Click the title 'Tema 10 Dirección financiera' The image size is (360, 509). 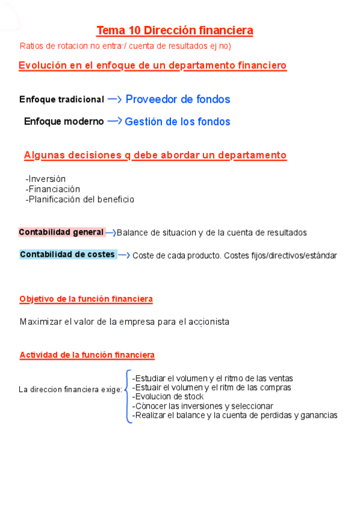pos(175,30)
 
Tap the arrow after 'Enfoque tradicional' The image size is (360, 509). pos(115,99)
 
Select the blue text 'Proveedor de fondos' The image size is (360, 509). pos(178,99)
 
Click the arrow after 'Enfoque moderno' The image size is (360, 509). pos(114,121)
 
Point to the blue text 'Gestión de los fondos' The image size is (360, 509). pos(177,121)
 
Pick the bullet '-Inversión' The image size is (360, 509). pos(46,179)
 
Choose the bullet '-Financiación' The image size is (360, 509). pos(53,189)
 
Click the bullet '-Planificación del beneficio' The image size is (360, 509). pos(80,199)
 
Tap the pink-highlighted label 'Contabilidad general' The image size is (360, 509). pos(61,232)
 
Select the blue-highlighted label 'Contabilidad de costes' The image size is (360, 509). pos(67,254)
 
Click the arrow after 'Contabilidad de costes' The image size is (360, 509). pos(124,255)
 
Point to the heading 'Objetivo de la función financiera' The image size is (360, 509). pos(86,299)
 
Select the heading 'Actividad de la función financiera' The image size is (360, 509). pos(87,355)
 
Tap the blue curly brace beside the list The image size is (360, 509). pos(128,396)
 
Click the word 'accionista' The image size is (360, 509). pos(210,322)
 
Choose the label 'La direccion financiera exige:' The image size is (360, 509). pos(70,390)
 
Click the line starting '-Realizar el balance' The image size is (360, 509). pos(235,415)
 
